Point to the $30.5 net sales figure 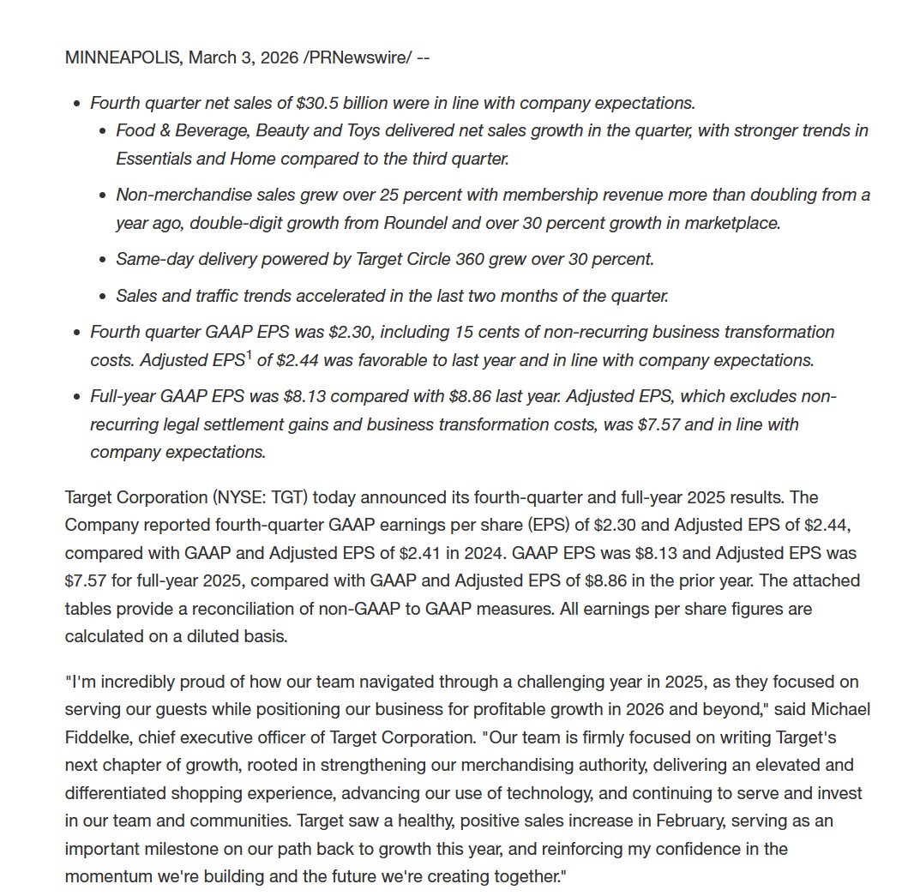click(316, 103)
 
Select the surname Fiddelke click(101, 737)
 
